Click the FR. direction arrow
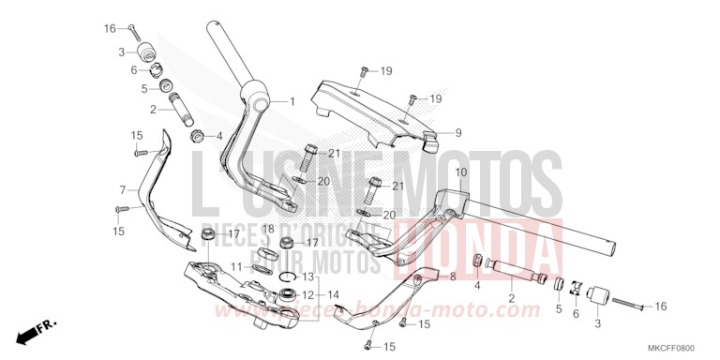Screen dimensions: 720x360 [x=35, y=330]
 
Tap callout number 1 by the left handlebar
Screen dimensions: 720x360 [x=292, y=101]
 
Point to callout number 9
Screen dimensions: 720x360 [x=458, y=132]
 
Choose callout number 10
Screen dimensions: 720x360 [x=460, y=172]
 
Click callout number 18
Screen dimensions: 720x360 [x=267, y=229]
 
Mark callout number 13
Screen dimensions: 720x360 [x=308, y=277]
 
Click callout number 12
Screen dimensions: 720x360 [x=307, y=294]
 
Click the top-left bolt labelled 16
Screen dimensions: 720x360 [x=134, y=28]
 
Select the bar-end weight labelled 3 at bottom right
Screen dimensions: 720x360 [x=596, y=304]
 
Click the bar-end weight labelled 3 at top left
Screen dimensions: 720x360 [x=146, y=51]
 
